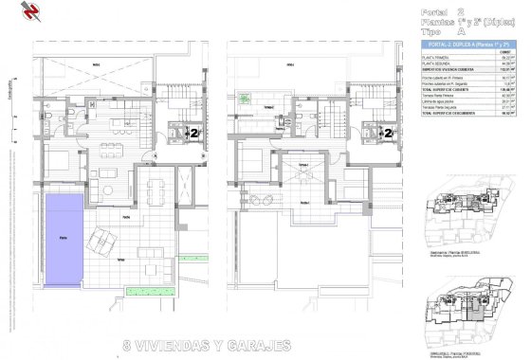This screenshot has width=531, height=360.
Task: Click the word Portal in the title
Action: (437, 12)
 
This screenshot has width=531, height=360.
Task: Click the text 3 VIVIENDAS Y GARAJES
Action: (207, 345)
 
